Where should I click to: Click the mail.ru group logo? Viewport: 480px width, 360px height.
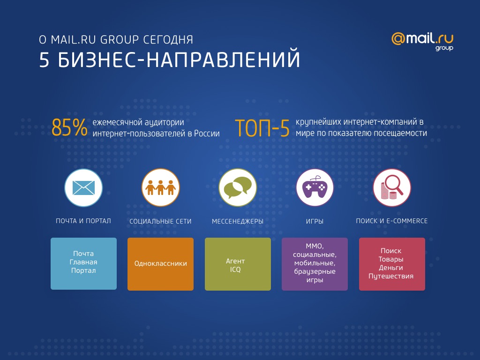(x=422, y=42)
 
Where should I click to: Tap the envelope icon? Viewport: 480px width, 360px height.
(x=83, y=187)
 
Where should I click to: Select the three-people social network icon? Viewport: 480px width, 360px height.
(x=161, y=187)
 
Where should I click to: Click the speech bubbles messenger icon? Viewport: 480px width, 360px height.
(x=238, y=187)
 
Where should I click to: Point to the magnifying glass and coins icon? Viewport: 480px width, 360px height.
(x=392, y=187)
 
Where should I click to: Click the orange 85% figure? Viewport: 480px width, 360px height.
(x=69, y=127)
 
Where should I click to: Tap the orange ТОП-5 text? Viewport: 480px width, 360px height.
(x=262, y=128)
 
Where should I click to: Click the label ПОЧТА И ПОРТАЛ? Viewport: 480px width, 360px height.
(x=83, y=221)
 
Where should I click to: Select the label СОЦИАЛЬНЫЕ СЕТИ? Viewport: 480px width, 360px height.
(x=160, y=221)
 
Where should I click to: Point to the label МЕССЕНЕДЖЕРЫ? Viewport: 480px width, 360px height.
(x=238, y=221)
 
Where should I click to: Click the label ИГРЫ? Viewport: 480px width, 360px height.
(x=315, y=221)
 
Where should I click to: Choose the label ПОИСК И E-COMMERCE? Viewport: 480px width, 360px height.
(x=392, y=221)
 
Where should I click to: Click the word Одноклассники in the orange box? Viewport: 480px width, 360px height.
(x=161, y=263)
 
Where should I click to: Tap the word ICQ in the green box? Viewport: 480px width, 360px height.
(x=235, y=270)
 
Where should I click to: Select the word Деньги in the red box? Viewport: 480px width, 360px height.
(x=391, y=268)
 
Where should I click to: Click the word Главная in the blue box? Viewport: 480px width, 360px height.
(x=83, y=262)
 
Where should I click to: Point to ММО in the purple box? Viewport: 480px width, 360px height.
(x=315, y=247)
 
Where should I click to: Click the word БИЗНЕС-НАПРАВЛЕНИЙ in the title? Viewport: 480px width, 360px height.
(x=179, y=60)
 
